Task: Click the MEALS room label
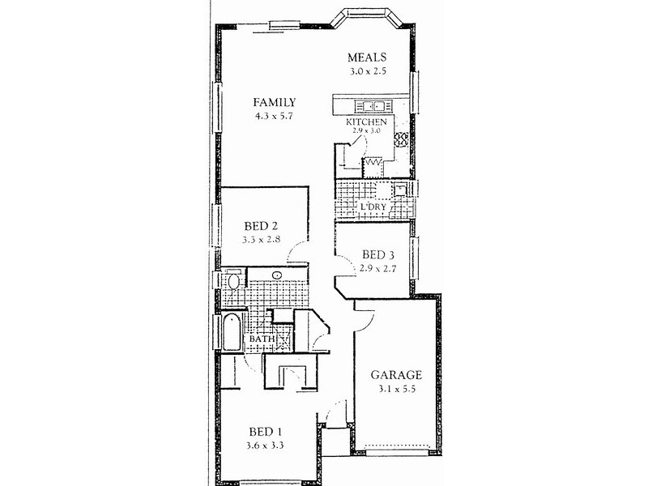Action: (367, 58)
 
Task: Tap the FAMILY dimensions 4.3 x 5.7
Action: (274, 116)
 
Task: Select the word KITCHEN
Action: (367, 122)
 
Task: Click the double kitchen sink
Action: (373, 106)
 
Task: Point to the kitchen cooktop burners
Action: (401, 139)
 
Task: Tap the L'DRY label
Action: (373, 207)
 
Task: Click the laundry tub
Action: (401, 190)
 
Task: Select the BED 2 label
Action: (261, 226)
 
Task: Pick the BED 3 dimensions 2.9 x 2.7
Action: (377, 269)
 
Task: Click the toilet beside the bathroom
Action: (233, 279)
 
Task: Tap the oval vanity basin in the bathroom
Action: (277, 275)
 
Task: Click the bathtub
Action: (232, 332)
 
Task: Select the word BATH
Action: (262, 339)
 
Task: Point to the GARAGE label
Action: (396, 375)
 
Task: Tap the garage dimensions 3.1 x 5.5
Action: (396, 389)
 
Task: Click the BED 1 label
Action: (266, 432)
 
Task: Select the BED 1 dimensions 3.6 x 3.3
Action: (265, 446)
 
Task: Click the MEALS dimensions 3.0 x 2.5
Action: (368, 71)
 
